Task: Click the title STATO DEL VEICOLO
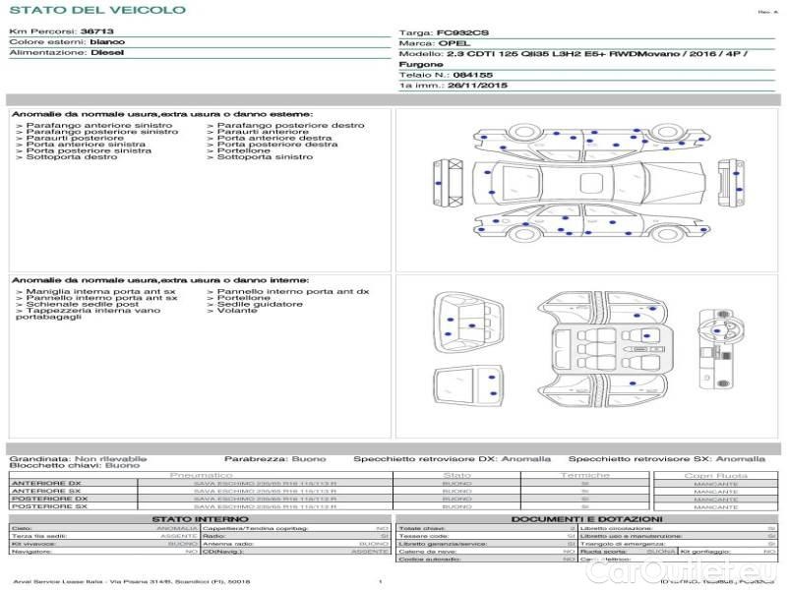click(x=97, y=11)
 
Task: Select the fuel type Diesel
click(x=107, y=53)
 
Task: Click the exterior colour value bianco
click(x=107, y=43)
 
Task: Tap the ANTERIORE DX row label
click(x=45, y=483)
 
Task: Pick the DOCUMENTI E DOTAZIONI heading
click(x=585, y=518)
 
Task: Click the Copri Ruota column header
click(x=715, y=475)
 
